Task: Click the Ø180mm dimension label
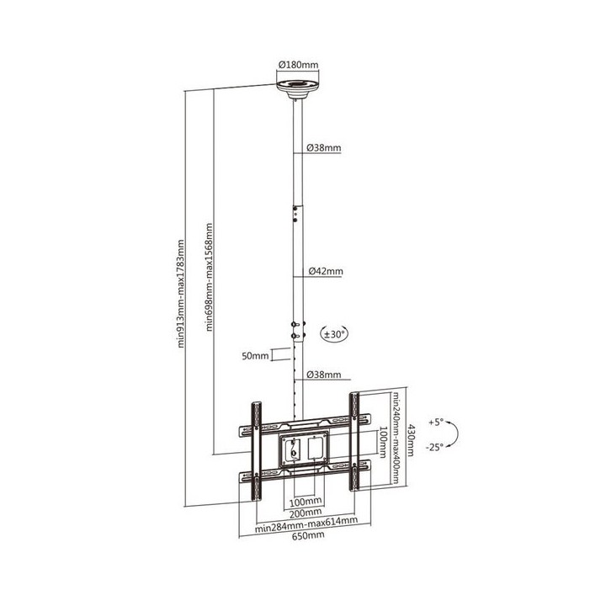[x=298, y=65]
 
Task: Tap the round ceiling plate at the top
[x=298, y=89]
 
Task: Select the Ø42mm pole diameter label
[x=326, y=271]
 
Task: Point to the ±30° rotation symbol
[x=334, y=334]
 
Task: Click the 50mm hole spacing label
[x=255, y=356]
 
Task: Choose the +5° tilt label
[x=436, y=422]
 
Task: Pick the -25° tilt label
[x=434, y=448]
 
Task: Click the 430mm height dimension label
[x=410, y=440]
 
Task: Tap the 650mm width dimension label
[x=308, y=535]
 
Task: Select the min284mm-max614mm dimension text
[x=306, y=524]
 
